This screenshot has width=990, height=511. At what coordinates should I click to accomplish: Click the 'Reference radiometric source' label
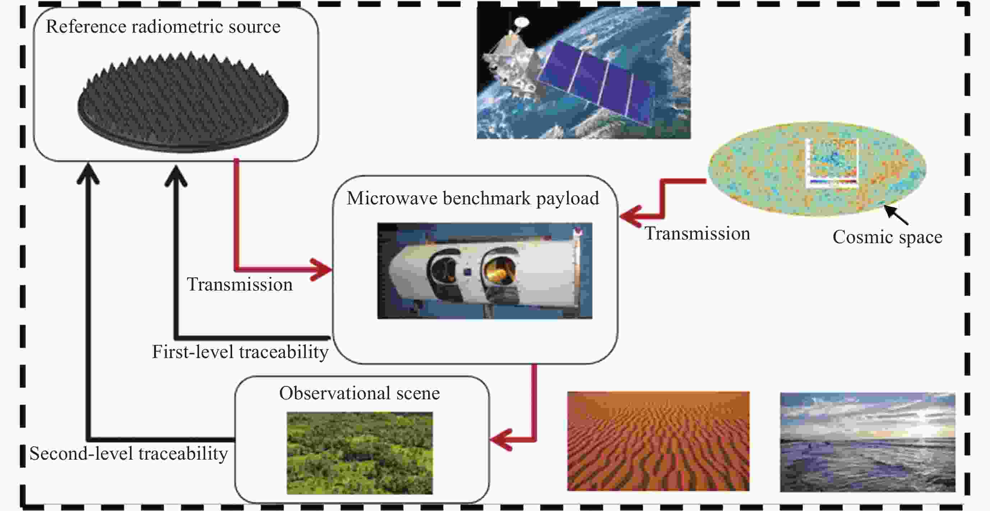coord(163,27)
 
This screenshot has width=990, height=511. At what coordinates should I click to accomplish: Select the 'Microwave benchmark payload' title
coord(473,199)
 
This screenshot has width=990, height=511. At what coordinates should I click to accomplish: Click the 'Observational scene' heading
coord(359,394)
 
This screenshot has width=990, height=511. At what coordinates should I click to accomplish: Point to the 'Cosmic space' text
coord(887,237)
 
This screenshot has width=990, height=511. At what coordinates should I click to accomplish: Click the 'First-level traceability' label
coord(240,352)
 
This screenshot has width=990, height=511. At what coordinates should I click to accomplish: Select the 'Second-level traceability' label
coord(128,454)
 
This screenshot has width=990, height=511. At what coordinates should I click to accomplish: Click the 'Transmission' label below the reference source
coord(240,285)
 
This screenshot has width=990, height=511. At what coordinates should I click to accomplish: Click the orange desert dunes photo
coord(658,441)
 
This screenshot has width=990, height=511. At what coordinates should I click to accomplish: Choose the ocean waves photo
coord(867,442)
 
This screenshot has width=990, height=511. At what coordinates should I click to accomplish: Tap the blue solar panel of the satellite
coord(596,81)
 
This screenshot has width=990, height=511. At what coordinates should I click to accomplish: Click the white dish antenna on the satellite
coord(521,22)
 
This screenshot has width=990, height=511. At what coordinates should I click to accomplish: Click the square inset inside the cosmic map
coord(832,163)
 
